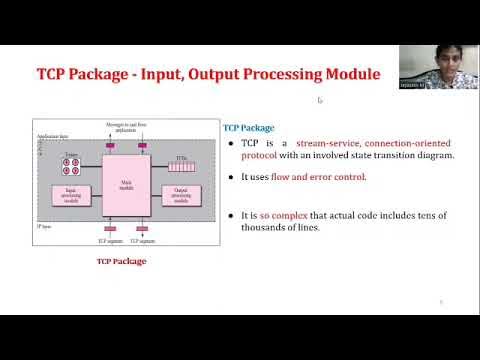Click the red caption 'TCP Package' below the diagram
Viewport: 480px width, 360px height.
(x=121, y=261)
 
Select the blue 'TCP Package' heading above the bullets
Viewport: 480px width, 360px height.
(x=246, y=128)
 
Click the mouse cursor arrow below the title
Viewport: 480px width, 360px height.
(x=320, y=100)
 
